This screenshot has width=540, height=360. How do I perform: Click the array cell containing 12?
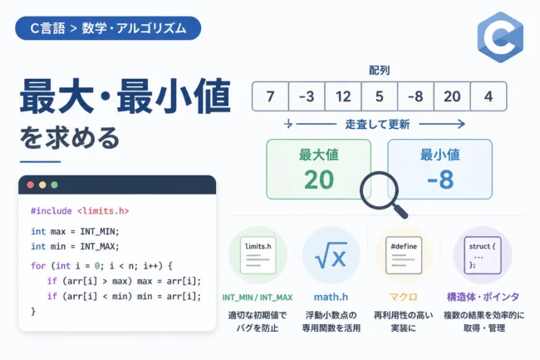tap(343, 96)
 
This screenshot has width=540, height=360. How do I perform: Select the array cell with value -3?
tap(307, 96)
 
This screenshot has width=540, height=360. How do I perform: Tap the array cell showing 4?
tap(488, 96)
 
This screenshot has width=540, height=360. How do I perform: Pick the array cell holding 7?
tap(270, 96)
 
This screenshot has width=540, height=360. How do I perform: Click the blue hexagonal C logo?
tap(500, 37)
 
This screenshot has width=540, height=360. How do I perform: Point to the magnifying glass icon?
tap(383, 194)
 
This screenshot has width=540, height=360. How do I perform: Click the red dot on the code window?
tap(30, 185)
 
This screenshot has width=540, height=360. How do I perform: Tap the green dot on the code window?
tap(54, 185)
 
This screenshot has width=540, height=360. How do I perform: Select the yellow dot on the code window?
tap(42, 185)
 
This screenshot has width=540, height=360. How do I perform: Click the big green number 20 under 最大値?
tap(319, 180)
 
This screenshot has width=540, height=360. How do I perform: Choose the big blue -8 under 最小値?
tap(440, 180)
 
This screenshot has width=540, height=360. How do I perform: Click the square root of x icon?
tap(331, 255)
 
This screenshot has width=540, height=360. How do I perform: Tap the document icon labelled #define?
tap(404, 255)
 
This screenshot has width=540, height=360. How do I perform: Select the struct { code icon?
tap(483, 255)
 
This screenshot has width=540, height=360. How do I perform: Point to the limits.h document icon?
tap(258, 255)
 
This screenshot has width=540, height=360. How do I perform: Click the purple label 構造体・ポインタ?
tap(483, 297)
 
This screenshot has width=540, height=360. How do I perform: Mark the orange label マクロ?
tap(403, 297)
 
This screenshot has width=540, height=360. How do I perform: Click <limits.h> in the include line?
tap(103, 211)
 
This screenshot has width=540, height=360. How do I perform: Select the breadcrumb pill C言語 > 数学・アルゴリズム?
tap(108, 28)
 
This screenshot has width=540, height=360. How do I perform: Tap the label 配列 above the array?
tap(379, 71)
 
